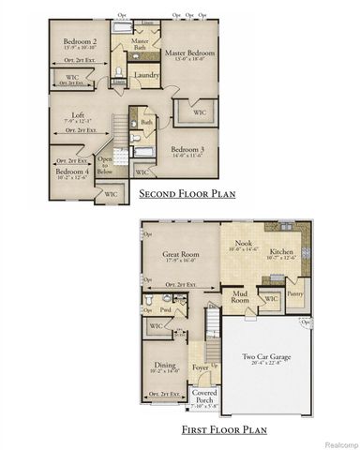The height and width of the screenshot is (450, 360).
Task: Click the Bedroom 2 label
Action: tap(80, 42)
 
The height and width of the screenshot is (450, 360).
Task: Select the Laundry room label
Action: tap(145, 75)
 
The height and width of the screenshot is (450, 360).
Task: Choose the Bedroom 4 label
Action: tap(72, 172)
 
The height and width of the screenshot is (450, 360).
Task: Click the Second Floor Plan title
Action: tap(187, 195)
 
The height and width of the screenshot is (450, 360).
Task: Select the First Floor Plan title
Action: tap(225, 429)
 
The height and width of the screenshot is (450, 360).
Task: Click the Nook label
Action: tap(244, 243)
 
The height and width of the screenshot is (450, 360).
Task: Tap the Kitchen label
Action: tap(282, 252)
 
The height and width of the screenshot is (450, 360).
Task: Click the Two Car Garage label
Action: tap(265, 355)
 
